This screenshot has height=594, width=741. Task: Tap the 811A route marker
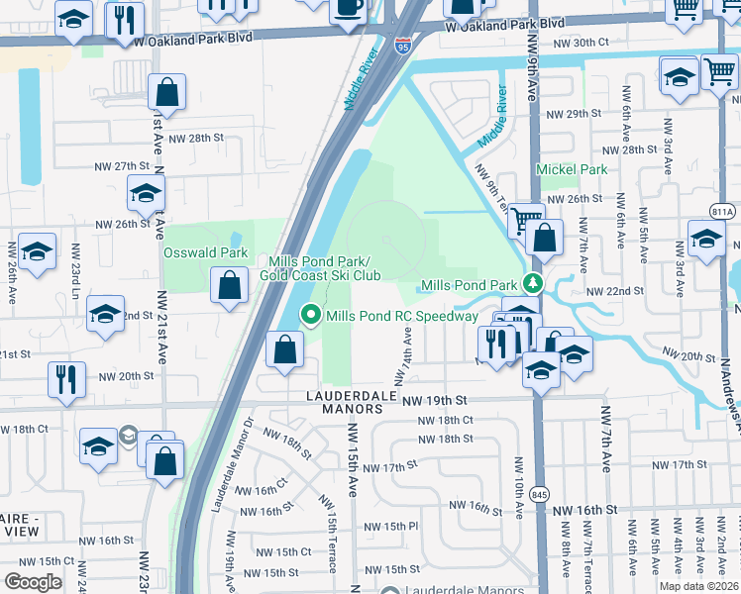(723, 211)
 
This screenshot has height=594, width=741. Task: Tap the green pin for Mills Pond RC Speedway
(312, 316)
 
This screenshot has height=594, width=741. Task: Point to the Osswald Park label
(205, 253)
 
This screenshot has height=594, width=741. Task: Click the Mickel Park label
(572, 169)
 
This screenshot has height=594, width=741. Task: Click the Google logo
(33, 581)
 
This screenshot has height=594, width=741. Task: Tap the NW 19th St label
(434, 400)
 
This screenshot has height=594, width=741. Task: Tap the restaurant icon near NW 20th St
(67, 377)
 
